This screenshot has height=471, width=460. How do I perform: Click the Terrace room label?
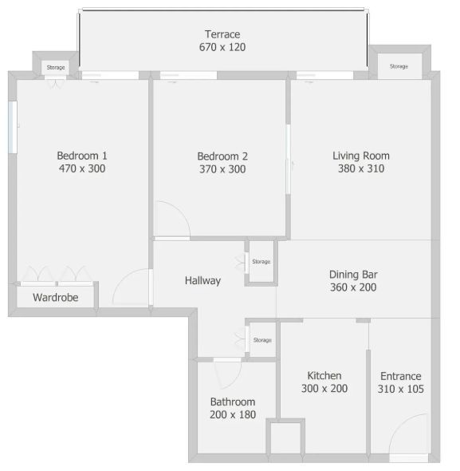coord(222,34)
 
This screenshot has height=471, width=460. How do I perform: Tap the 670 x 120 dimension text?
coord(222,47)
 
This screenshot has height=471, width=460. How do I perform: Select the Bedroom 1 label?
coord(82,156)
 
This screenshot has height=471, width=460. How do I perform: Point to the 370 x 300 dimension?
coord(222,169)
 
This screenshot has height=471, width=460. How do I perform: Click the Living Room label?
coord(361,156)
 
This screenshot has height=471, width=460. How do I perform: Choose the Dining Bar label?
coord(353,275)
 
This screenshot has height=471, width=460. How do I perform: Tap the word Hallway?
coord(202,280)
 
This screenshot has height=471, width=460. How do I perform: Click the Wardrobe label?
coord(56,298)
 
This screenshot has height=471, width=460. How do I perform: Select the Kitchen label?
coord(324,376)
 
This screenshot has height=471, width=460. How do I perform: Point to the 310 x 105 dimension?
coord(400,389)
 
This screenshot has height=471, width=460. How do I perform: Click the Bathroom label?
coord(233,402)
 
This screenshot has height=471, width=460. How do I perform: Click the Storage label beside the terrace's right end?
coord(399,66)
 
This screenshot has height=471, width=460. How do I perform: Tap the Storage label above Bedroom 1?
coord(56,67)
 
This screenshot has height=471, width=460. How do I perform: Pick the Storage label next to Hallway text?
coord(261,262)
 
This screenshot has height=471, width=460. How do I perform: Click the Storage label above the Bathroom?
coord(262,340)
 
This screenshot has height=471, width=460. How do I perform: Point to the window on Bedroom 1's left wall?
coord(13,127)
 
